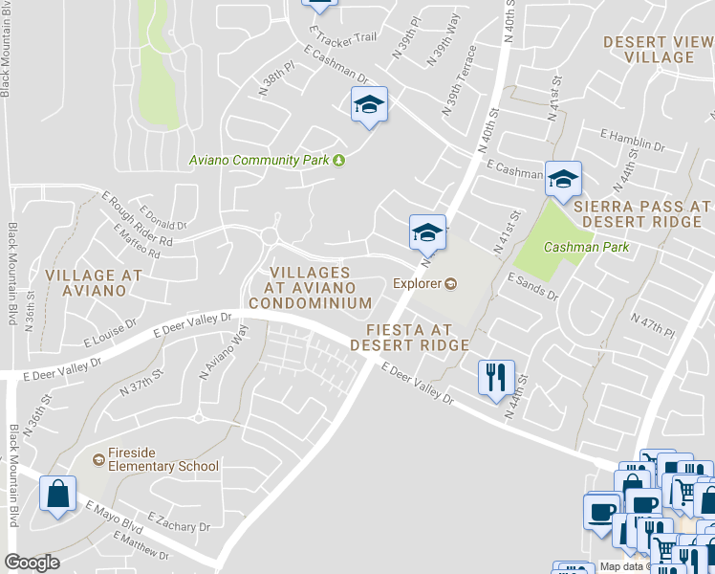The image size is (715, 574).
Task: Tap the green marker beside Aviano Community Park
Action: tap(338, 160)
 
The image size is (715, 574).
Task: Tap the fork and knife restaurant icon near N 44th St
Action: tap(495, 376)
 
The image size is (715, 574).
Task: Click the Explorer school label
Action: tap(417, 283)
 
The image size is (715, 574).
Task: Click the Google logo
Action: tap(32, 563)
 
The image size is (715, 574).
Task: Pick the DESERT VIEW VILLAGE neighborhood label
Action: tap(659, 50)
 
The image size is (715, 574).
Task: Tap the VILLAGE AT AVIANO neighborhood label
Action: tap(93, 282)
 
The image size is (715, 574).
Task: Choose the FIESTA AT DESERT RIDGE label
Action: tap(409, 337)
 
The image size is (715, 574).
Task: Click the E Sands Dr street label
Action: tap(532, 285)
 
